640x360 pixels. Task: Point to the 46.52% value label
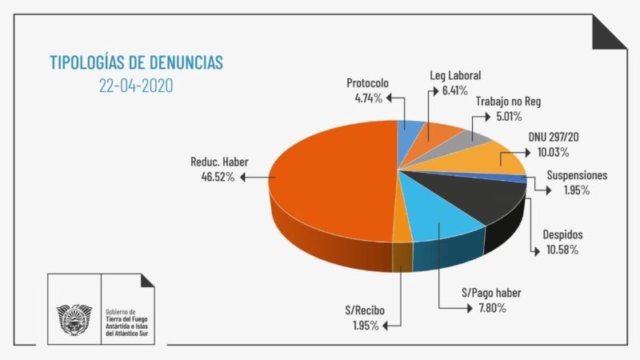coord(212,174)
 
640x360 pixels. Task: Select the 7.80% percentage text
coord(486,307)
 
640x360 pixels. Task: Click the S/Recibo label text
coord(351,310)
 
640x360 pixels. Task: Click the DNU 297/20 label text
coord(554,138)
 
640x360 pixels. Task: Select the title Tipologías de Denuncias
coord(137,62)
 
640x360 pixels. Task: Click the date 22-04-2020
coord(136,84)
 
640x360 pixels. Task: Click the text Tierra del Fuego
coord(133,318)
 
